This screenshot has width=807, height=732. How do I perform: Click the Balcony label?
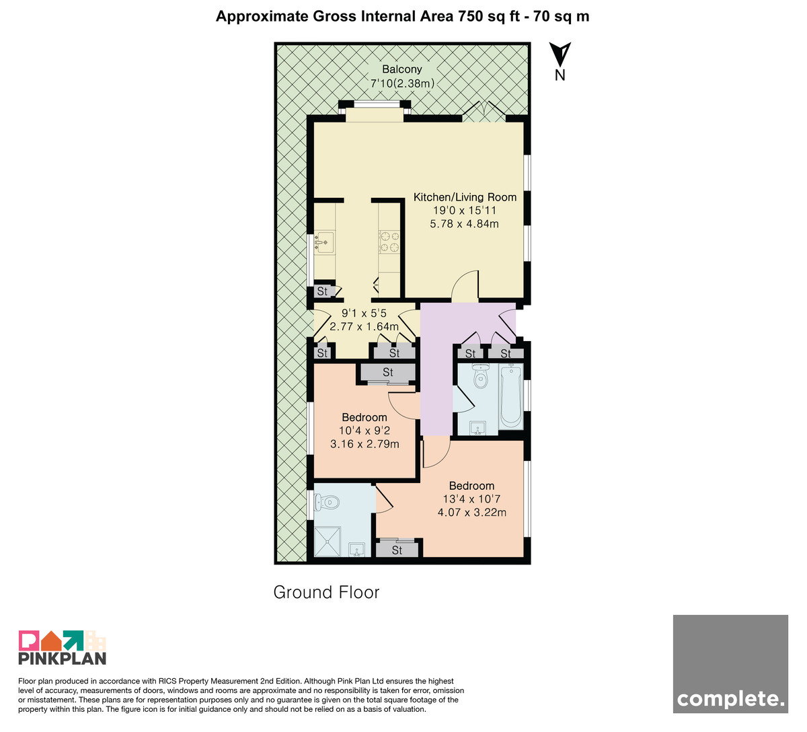(401, 69)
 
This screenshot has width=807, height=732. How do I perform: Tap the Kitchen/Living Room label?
(465, 197)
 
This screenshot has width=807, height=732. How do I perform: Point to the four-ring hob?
(389, 242)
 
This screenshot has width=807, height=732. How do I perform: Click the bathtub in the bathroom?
(511, 396)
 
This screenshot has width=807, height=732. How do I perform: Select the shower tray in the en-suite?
(327, 541)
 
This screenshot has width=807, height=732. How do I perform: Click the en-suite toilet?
(326, 503)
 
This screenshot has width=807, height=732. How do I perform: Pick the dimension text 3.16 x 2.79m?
(364, 444)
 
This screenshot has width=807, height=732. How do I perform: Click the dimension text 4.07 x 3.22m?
(472, 512)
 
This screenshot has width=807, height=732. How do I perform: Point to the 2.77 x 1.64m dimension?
(364, 326)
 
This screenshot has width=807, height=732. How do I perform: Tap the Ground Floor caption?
(326, 592)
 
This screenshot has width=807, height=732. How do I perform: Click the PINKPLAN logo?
(63, 648)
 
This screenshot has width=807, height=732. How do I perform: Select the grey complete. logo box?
(730, 664)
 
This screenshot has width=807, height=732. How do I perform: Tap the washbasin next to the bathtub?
(478, 428)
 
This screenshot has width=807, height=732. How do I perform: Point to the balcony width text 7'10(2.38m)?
(402, 83)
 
